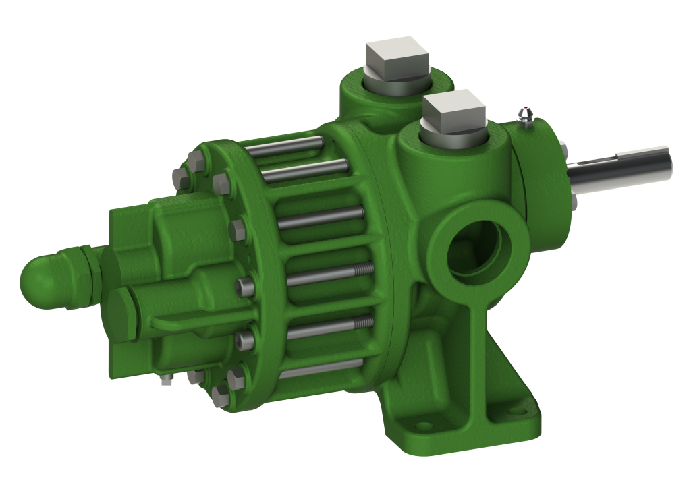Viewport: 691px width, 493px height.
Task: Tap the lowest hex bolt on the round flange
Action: [x=221, y=395]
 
